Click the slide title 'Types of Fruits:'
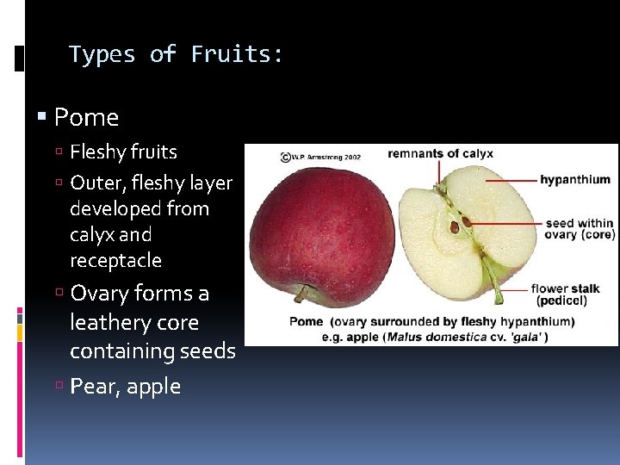point(176,54)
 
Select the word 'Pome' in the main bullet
point(86,117)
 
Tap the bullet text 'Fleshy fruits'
point(123,152)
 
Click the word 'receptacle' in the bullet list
point(115,260)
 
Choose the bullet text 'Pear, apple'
point(125,387)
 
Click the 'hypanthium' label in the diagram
point(574,180)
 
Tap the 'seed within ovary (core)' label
point(580,229)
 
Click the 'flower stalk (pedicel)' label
point(565,294)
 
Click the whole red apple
point(316,228)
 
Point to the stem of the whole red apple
point(302,295)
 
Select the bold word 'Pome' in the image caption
point(306,321)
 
